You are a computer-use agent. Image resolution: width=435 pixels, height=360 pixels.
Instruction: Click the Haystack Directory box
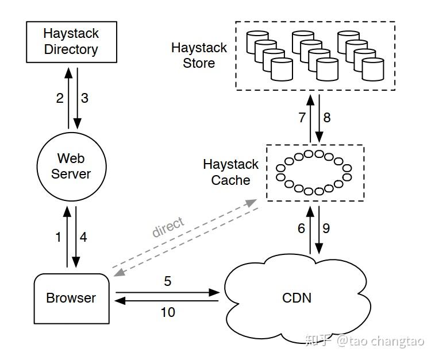coord(71,41)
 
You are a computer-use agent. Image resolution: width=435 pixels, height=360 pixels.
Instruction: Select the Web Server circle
coord(71,166)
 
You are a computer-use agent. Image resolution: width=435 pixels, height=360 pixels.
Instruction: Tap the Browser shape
coord(71,297)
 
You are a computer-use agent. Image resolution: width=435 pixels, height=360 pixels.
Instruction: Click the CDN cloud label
coord(297,298)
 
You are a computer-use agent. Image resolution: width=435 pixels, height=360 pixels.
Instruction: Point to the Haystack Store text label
coord(199,56)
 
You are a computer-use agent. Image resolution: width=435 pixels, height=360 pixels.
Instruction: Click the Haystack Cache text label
coord(230,172)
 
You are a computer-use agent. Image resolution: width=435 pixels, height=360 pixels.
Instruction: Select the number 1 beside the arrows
coord(58,237)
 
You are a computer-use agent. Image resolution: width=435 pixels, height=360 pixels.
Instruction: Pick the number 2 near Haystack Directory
coord(60,98)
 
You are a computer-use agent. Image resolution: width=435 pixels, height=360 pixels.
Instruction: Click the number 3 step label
coord(84,98)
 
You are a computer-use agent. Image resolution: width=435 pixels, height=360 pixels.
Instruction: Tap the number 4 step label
coord(83,237)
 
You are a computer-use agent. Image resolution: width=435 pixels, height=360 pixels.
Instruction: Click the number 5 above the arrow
coord(167,281)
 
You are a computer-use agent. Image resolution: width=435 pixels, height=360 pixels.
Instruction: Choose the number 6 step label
coord(301,229)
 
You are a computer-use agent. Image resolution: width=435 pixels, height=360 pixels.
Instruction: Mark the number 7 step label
coord(302,118)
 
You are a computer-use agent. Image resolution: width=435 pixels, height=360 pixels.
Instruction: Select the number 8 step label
coord(326,118)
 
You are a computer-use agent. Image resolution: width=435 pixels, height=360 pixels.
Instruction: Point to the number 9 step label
coord(326,229)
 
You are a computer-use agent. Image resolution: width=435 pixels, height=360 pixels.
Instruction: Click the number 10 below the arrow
coord(167,312)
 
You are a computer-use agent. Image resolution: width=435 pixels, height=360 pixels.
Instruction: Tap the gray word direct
coord(168,228)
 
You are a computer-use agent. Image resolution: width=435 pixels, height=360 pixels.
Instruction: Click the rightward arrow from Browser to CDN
coord(167,292)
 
